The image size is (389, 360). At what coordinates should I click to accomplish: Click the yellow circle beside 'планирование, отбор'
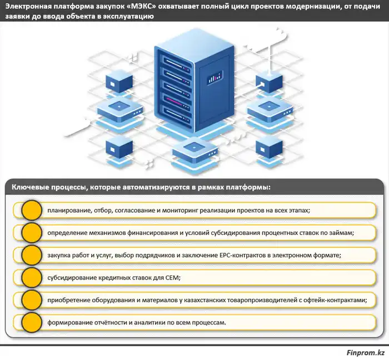(31, 211)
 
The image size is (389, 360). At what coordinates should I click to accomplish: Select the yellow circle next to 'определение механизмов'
(31, 233)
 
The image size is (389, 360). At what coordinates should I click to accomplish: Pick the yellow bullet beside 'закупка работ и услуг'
(31, 256)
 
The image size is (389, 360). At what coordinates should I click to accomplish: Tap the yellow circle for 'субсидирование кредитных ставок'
(31, 278)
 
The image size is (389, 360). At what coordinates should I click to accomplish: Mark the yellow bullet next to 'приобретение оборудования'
(31, 300)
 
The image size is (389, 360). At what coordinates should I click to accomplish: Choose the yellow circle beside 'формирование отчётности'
(31, 322)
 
